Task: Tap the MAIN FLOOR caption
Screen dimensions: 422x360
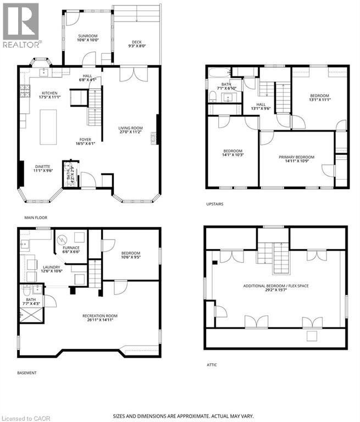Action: [x=36, y=218]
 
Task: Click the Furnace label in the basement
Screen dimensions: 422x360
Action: [x=71, y=250]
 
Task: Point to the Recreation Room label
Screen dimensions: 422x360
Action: [x=100, y=318]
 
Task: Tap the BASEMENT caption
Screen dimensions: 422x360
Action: [x=26, y=373]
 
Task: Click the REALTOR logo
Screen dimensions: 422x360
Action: [x=20, y=25]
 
